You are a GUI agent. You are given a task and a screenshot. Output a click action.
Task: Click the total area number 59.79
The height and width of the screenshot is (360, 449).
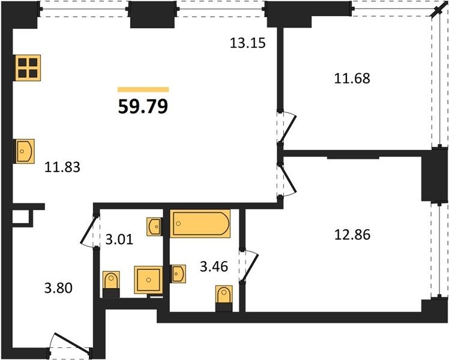143,106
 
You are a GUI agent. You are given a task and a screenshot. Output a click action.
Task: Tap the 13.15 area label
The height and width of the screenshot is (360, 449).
248,43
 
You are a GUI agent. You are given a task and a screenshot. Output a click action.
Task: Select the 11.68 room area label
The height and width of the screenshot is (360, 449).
352,78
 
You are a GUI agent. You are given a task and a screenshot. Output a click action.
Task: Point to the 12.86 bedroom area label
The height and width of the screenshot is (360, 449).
352,235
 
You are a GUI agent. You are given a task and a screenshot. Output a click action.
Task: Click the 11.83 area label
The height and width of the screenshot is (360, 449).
62,167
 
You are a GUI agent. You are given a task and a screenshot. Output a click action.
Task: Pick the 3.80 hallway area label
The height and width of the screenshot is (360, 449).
58,288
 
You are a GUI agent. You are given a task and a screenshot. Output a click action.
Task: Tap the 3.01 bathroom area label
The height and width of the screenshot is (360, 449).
119,239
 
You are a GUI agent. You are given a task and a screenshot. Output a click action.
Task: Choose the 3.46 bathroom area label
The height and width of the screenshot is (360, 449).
214,267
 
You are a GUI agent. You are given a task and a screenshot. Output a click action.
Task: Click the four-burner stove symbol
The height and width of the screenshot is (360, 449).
28,68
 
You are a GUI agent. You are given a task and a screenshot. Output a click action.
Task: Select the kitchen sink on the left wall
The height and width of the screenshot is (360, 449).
25,151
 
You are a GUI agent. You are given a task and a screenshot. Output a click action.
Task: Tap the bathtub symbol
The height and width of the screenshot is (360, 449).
200,223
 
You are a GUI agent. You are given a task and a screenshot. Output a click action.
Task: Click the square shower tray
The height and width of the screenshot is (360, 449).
148,280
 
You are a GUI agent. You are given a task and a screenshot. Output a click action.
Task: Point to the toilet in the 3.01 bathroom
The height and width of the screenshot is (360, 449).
111,284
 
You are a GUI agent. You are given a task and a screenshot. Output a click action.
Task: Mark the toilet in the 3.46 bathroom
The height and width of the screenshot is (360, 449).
224,298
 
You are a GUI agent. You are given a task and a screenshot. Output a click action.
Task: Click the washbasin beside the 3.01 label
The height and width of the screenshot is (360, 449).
155,227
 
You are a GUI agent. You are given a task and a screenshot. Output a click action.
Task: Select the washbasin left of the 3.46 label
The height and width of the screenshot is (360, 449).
178,274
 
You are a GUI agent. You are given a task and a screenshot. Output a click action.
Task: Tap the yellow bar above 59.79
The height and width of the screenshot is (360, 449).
143,89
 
